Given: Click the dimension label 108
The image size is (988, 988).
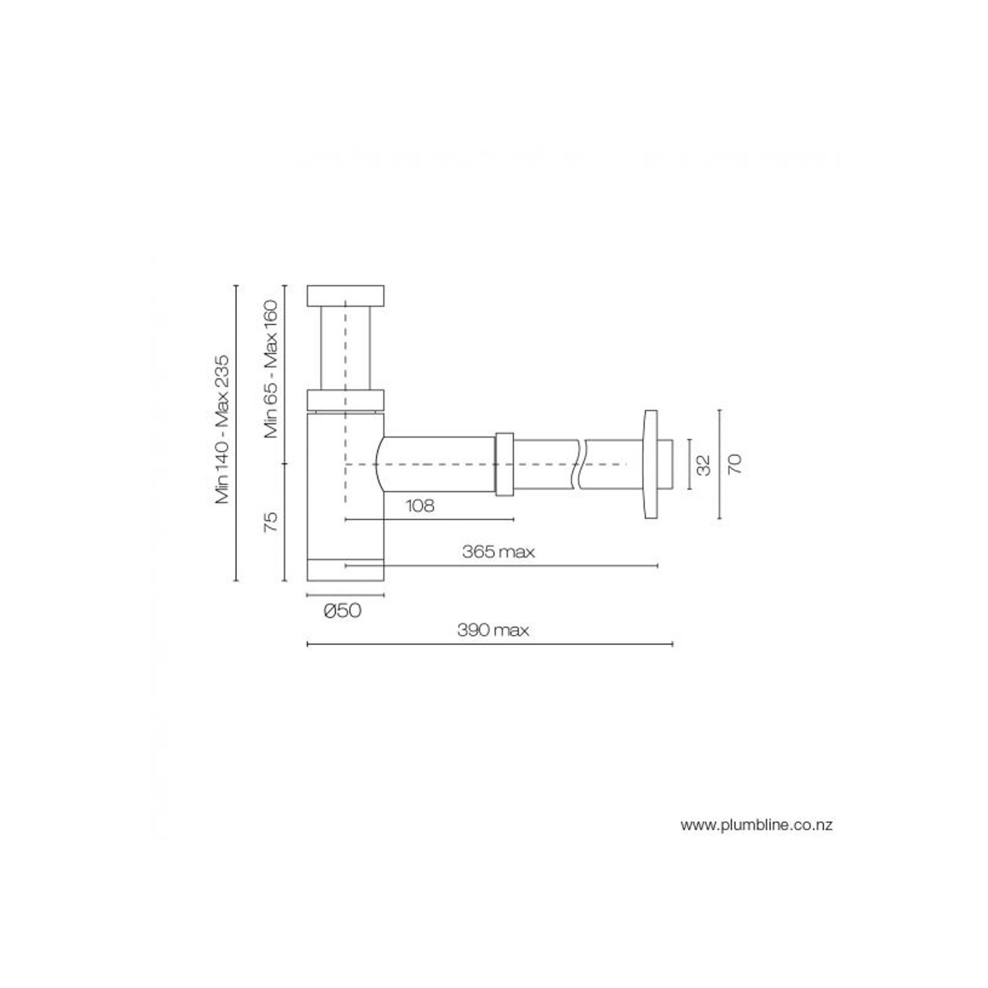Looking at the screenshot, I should (x=420, y=506).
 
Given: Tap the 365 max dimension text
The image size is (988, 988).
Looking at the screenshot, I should (x=498, y=552).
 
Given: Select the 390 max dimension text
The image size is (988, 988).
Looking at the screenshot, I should (x=493, y=630).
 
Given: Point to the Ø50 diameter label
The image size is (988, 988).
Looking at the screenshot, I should (x=342, y=611).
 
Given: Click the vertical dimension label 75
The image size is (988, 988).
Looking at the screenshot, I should (x=270, y=522).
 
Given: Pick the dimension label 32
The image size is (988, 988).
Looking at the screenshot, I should (x=704, y=465).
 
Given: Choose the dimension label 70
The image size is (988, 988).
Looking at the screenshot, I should (x=735, y=465).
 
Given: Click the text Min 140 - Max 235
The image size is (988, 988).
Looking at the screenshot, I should (x=222, y=430).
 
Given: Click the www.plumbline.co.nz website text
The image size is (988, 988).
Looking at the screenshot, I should (x=756, y=825).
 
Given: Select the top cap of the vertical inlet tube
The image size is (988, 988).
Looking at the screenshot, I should (x=345, y=296).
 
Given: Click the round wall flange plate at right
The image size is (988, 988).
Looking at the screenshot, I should (x=650, y=465).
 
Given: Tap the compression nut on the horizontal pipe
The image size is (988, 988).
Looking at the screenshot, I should (x=504, y=465).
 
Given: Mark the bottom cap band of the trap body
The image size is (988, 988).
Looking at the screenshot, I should (x=345, y=569).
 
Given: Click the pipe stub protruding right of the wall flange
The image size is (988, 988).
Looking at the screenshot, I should (x=666, y=465).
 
